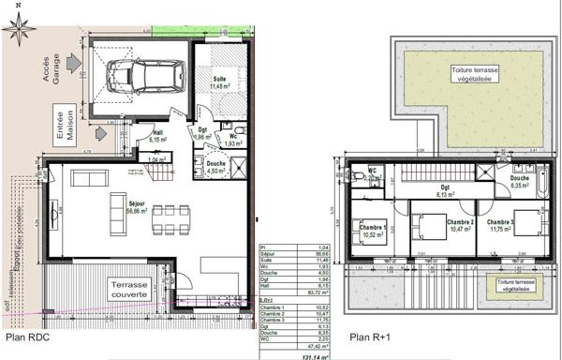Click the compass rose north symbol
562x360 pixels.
19,29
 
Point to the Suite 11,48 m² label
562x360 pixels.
220,82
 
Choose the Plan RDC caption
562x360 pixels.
29,337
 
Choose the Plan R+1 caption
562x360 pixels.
371,337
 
